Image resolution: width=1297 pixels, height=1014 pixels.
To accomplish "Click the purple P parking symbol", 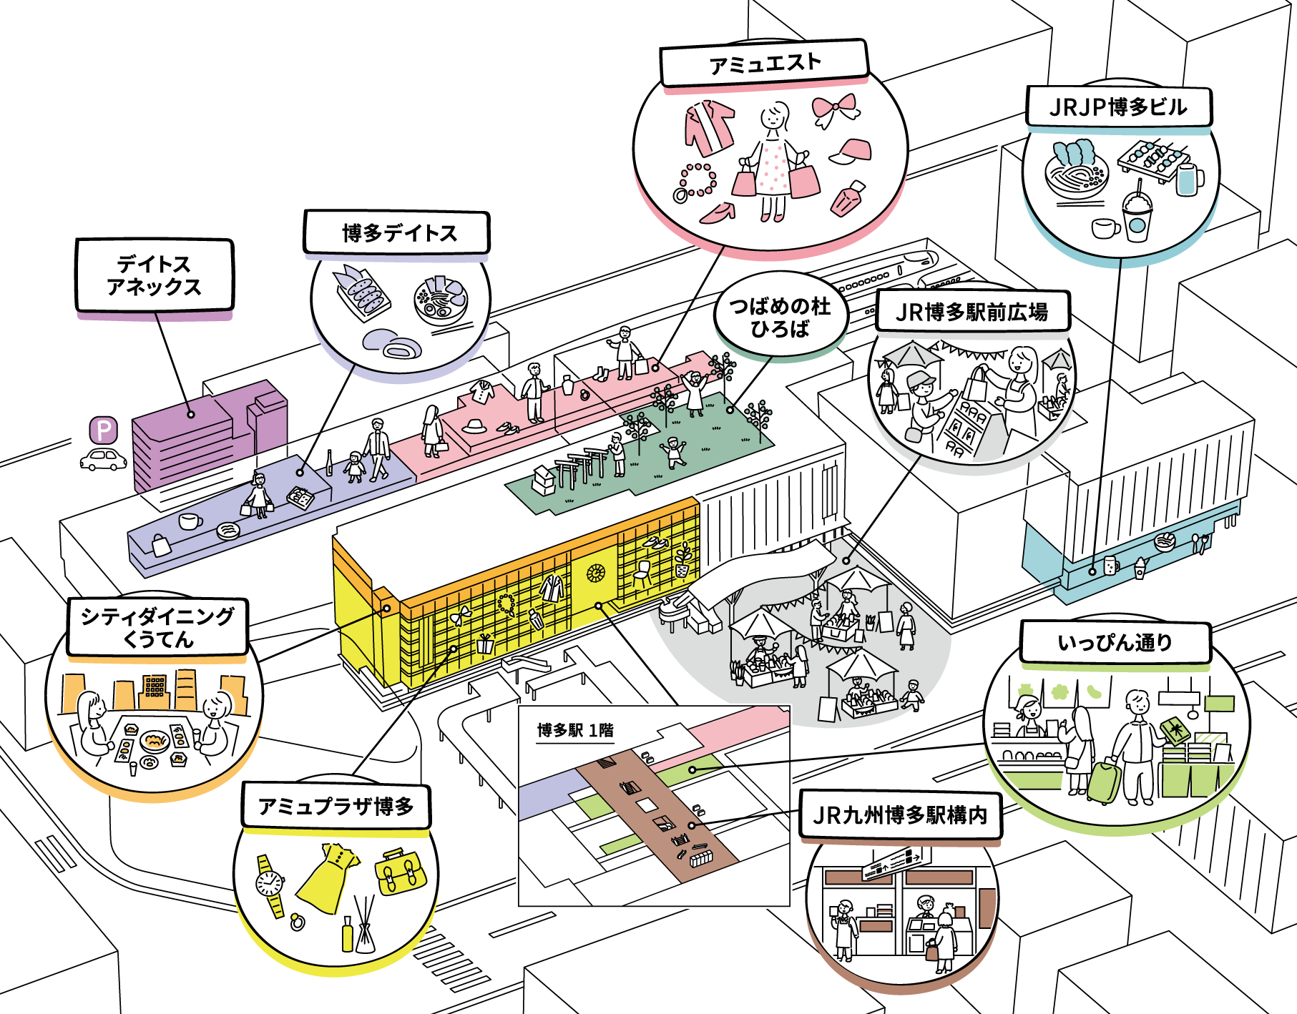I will pyautogui.click(x=104, y=430).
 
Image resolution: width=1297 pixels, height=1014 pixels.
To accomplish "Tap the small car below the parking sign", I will pyautogui.click(x=104, y=459).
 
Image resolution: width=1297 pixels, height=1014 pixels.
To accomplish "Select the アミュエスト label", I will pyautogui.click(x=763, y=64).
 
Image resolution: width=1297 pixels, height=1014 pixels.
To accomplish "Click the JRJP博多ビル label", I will pyautogui.click(x=1118, y=107).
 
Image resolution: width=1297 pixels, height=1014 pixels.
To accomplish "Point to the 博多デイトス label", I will pyautogui.click(x=397, y=233).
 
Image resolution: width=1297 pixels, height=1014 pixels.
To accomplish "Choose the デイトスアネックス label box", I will pyautogui.click(x=155, y=275).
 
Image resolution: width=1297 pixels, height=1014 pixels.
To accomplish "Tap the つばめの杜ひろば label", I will pyautogui.click(x=780, y=317).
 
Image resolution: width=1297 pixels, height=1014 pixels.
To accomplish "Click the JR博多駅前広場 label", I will pyautogui.click(x=972, y=312).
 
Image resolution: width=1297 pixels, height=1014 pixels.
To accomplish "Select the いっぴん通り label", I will pyautogui.click(x=1115, y=642).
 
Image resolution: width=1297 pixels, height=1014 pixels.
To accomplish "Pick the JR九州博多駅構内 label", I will pyautogui.click(x=900, y=815).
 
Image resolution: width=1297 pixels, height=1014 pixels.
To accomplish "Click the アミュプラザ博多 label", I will pyautogui.click(x=336, y=807).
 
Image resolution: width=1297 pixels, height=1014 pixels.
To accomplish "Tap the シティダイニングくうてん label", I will pyautogui.click(x=157, y=627).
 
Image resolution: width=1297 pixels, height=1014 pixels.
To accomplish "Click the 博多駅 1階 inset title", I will pyautogui.click(x=575, y=730).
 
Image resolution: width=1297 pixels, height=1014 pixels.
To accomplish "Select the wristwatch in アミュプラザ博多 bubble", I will pyautogui.click(x=270, y=885).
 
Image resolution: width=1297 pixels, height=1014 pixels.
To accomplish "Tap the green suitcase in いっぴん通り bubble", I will pyautogui.click(x=1103, y=782).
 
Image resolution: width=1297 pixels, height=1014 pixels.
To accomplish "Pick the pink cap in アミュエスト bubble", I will pyautogui.click(x=853, y=151).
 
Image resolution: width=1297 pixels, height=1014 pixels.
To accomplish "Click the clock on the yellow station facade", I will pyautogui.click(x=595, y=573).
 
